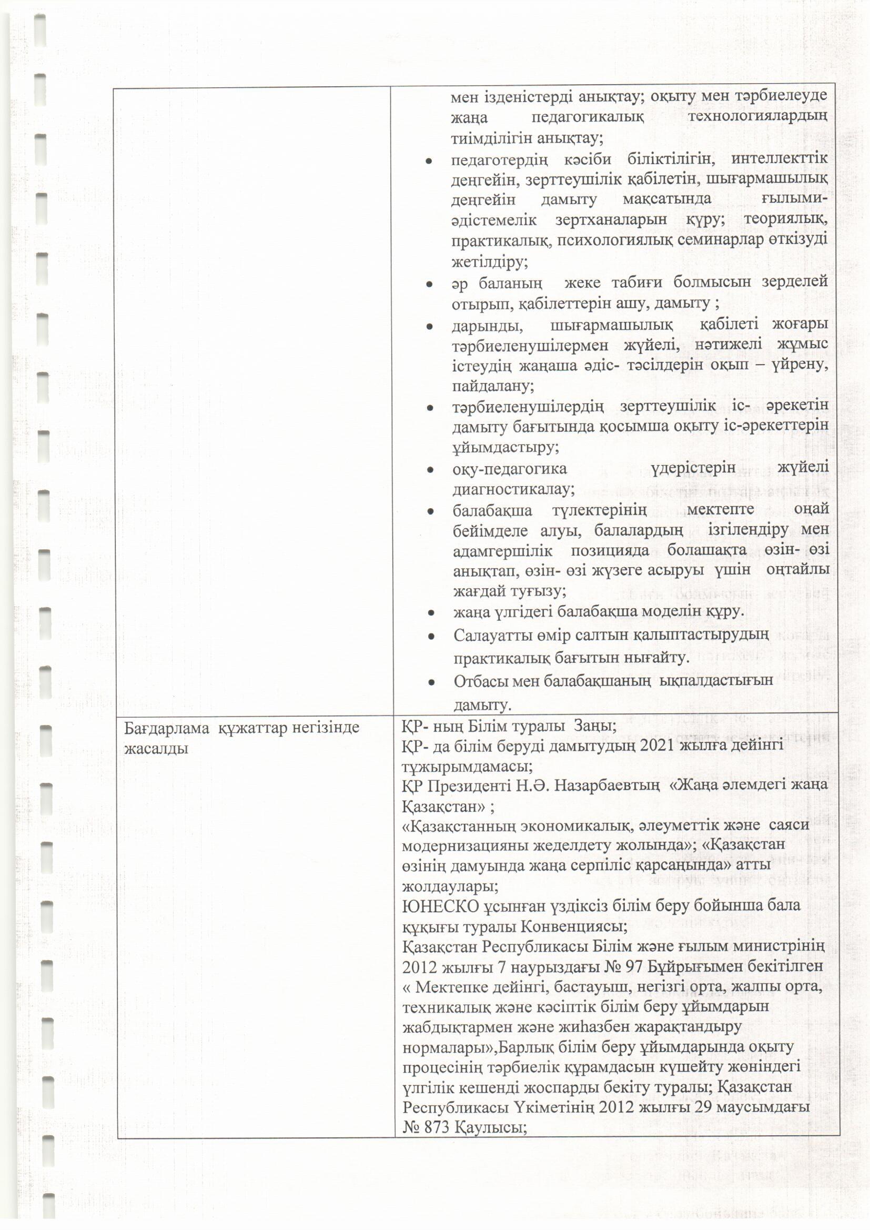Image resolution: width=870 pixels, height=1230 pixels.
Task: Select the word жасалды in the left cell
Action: pos(156,749)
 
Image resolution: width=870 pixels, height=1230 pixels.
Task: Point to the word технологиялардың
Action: pos(757,117)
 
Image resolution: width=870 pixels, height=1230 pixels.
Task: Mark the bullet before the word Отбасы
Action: pos(431,682)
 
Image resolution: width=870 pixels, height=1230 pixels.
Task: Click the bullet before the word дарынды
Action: pos(429,326)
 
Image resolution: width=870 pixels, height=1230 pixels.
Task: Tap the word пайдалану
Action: pos(492,386)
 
